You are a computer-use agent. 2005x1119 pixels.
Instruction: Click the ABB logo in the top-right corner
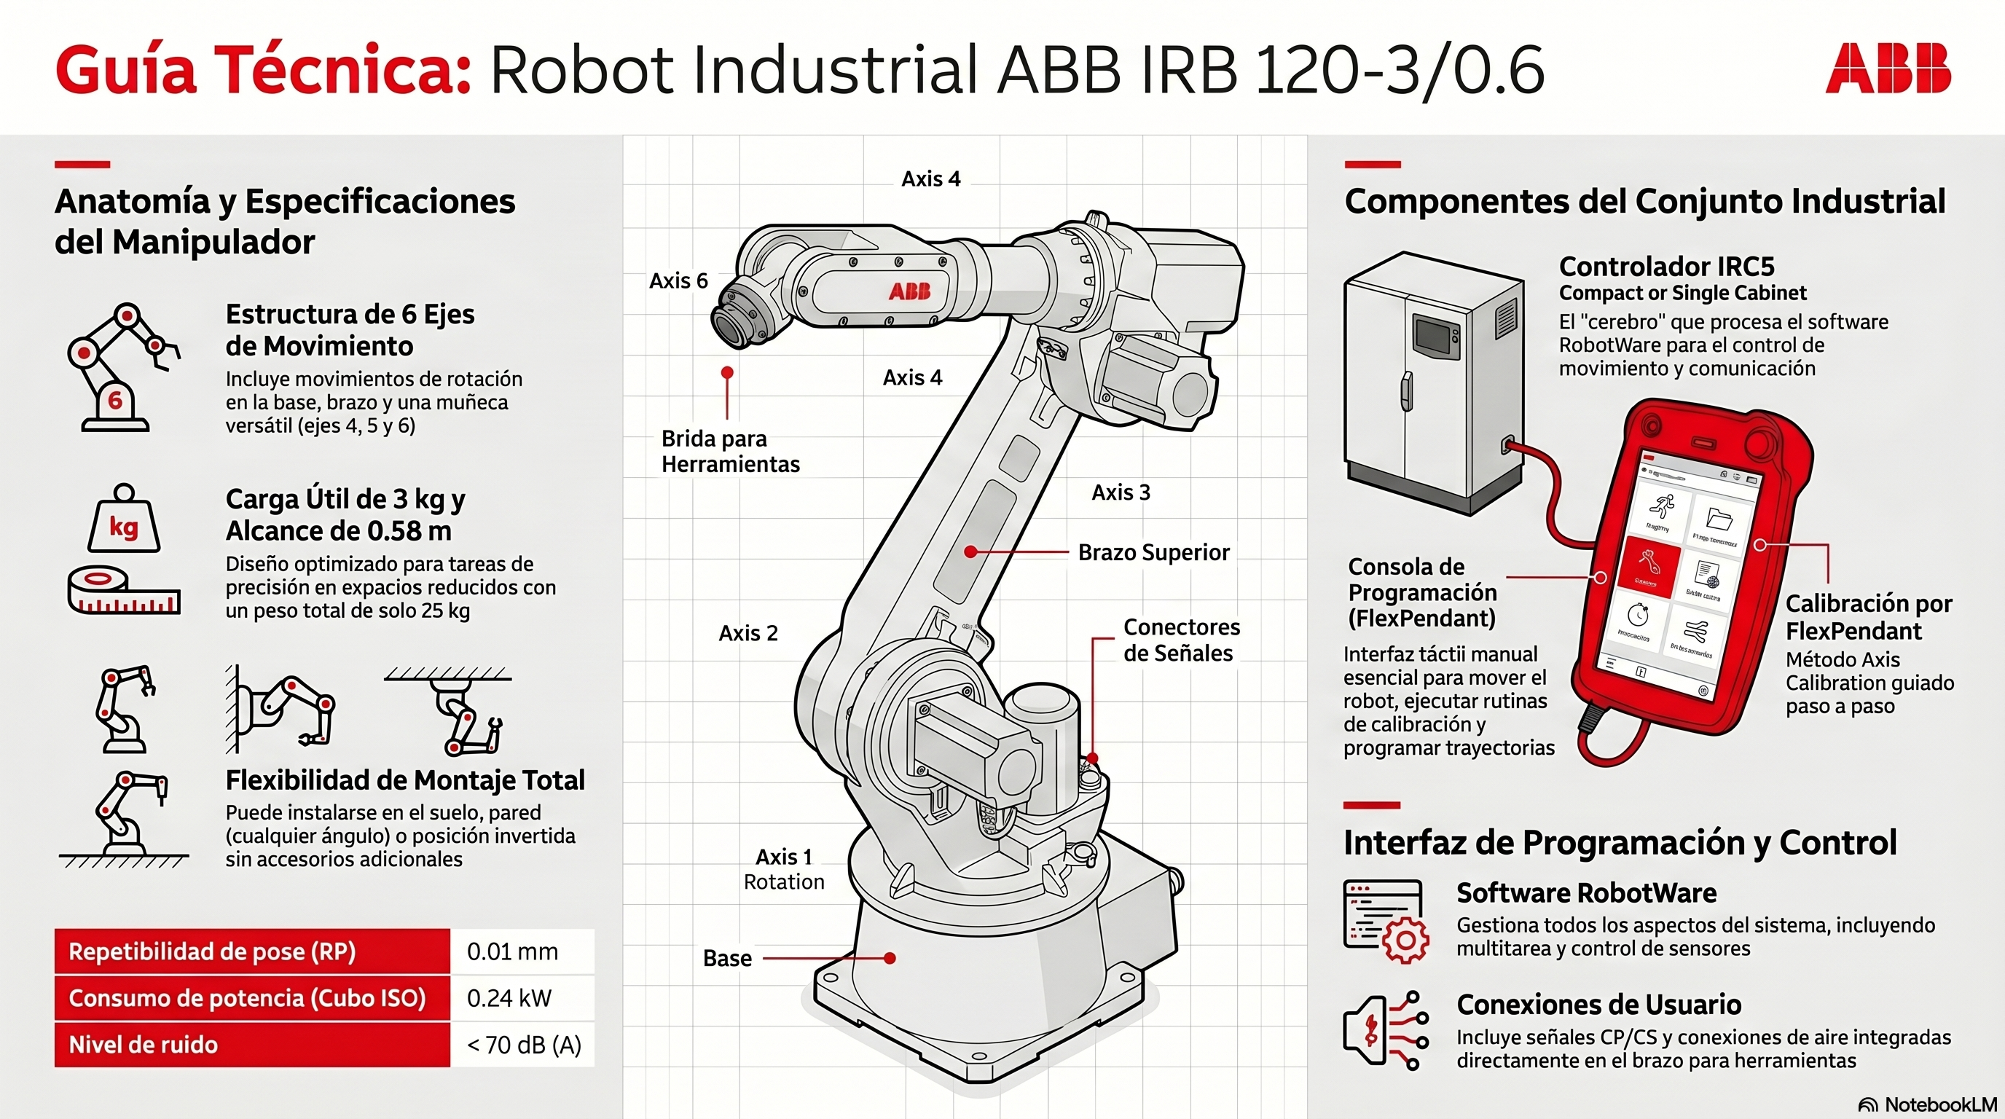tap(1888, 68)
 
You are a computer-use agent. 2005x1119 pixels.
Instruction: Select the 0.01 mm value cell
tap(513, 951)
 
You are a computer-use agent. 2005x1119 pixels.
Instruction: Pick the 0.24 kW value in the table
tap(509, 997)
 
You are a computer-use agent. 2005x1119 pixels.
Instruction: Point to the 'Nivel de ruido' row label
tap(144, 1044)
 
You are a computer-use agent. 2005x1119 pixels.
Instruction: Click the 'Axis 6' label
tap(679, 280)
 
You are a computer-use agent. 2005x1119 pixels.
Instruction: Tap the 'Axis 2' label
tap(748, 632)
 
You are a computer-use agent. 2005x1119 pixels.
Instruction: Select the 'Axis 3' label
tap(1121, 492)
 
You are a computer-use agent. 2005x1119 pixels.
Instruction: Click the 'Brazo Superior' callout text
tap(1153, 551)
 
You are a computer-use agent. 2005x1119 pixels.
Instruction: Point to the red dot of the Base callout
tap(890, 958)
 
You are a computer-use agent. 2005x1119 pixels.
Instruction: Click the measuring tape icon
tap(123, 590)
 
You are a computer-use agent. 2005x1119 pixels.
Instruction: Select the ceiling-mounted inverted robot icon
tap(459, 712)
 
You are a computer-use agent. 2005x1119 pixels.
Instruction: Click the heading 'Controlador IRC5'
tap(1666, 266)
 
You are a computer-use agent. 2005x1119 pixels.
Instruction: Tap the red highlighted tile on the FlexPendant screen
tap(1648, 567)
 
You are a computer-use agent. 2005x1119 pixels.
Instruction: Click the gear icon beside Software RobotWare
tap(1405, 940)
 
